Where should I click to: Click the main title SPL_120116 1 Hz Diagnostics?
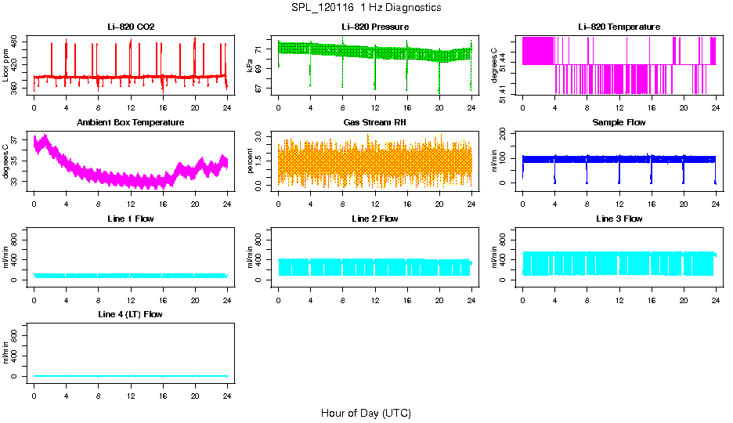366,8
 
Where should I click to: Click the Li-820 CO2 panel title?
131,27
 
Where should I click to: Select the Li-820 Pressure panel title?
375,27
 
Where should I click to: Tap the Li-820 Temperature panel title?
619,27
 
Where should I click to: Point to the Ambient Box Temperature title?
131,123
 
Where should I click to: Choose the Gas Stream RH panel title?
375,123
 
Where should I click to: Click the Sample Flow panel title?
619,123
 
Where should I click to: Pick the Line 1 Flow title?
131,219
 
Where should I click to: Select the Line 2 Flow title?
375,219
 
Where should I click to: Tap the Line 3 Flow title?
619,219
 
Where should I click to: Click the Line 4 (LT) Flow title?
131,314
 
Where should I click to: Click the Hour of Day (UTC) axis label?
366,413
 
